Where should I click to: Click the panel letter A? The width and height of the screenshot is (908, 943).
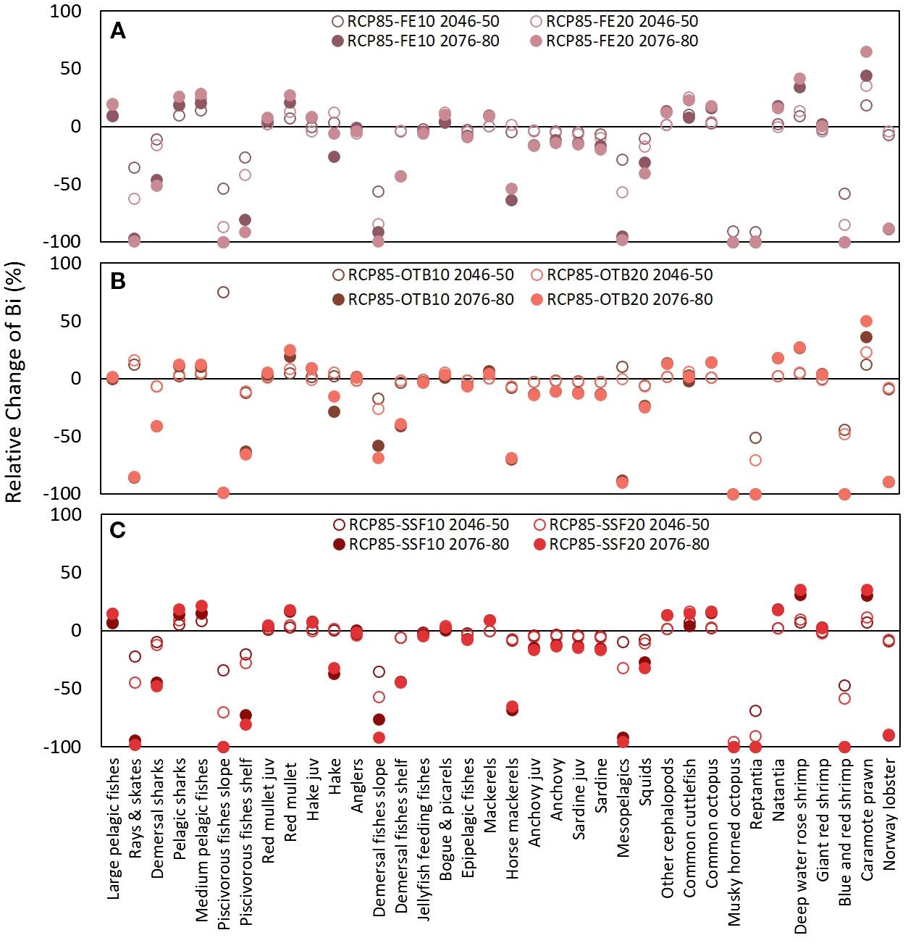point(118,31)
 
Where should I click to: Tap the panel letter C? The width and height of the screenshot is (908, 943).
point(118,530)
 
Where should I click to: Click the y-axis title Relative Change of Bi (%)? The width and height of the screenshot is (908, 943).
point(14,382)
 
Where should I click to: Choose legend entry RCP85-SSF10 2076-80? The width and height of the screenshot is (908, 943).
point(420,544)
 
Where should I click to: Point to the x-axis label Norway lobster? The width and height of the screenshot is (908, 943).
point(890,814)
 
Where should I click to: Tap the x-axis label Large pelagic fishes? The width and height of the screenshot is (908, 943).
point(114,829)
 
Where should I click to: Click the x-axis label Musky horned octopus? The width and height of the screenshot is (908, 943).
point(734,841)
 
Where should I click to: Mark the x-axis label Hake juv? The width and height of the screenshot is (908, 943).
point(313,789)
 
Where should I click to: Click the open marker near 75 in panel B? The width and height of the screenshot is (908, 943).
point(223,292)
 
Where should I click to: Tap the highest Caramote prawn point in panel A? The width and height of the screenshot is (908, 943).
point(866,51)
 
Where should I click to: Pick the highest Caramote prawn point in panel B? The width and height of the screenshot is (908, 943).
point(866,321)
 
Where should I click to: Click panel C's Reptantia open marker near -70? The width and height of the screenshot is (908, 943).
point(755,711)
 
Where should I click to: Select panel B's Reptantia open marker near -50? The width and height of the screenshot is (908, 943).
point(755,437)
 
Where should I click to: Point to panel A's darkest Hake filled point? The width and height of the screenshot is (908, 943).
point(334,156)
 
